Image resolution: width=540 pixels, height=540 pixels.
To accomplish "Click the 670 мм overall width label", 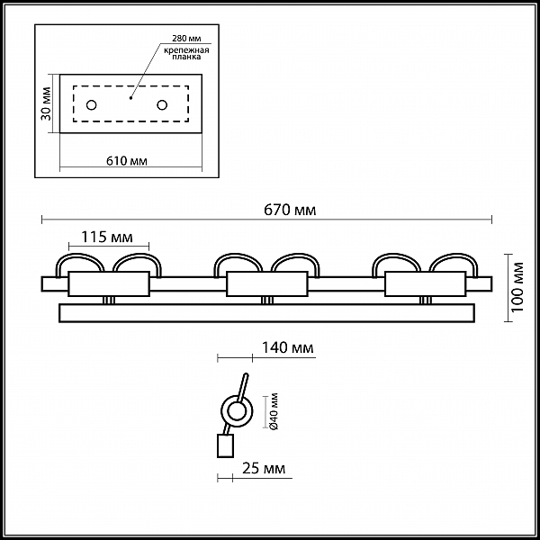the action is coord(290,210).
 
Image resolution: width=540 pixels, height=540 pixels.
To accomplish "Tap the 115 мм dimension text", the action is coord(107,237).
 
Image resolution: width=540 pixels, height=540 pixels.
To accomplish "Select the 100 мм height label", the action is coord(517,287).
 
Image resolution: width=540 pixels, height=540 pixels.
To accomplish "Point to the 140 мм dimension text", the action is coord(288,347).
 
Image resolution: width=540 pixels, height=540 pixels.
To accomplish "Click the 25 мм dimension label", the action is coord(264,468).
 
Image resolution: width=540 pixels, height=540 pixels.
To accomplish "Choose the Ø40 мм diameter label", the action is coord(274,411).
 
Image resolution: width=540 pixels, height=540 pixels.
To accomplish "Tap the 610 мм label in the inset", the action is coord(127,161).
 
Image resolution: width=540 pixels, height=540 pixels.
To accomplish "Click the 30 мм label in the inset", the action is coord(46,103).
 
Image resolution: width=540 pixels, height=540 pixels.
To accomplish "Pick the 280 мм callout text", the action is coord(186,38).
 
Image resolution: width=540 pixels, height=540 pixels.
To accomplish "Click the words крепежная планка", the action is coord(186,53).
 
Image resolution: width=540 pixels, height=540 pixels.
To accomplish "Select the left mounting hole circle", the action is coord(91,104).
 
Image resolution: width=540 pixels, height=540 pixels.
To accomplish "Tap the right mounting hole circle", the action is coord(162,104).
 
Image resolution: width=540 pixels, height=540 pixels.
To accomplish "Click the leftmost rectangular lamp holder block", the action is coord(109,283).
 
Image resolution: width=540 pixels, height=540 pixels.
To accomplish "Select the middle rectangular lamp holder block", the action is coord(267,283).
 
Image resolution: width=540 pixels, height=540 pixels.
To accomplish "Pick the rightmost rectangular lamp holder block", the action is coord(426,283).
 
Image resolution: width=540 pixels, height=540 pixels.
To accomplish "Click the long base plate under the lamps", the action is coord(267,313).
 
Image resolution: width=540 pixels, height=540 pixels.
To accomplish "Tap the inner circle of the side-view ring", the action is coord(237,411).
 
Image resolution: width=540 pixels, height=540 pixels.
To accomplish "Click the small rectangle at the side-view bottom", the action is coord(225,445).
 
